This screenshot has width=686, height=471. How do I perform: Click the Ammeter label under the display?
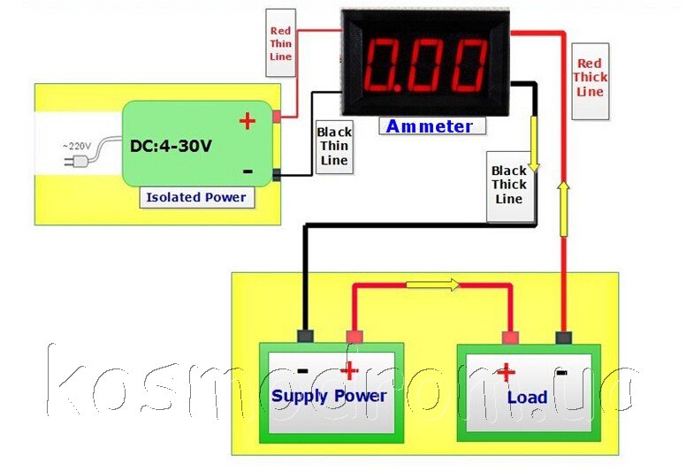(431, 126)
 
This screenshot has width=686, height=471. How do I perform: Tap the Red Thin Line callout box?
(280, 43)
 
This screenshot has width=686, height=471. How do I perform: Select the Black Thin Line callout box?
(334, 147)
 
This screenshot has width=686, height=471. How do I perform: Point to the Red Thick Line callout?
(591, 81)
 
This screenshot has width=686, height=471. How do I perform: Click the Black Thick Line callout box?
(510, 186)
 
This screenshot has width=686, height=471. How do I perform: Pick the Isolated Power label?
(196, 198)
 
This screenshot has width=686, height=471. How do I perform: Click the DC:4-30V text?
(171, 146)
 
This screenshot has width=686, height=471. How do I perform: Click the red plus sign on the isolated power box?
(248, 121)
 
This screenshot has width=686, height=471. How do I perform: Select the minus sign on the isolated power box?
(248, 171)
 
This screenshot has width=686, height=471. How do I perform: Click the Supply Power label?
(329, 397)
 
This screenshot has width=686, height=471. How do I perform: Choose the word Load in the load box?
(527, 397)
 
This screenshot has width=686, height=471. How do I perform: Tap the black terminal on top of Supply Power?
(305, 337)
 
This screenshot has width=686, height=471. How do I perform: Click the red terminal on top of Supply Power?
(354, 337)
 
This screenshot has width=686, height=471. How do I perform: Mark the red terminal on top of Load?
(511, 338)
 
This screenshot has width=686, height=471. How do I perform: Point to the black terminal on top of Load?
(563, 338)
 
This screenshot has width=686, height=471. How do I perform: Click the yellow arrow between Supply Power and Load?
(432, 285)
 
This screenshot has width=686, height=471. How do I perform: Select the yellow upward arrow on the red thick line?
(564, 209)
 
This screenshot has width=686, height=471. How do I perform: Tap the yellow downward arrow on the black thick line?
(534, 144)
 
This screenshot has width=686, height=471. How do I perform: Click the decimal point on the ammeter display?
(398, 87)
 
